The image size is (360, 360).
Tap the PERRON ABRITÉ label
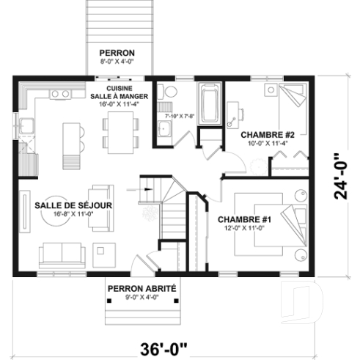coord(142,289)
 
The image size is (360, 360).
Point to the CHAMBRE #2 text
coord(268,135)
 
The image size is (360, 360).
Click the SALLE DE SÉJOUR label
coord(73,205)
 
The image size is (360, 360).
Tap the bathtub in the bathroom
coord(210,104)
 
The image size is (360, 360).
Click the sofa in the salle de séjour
coord(62,253)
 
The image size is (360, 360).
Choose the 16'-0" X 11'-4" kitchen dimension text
coord(120,104)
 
